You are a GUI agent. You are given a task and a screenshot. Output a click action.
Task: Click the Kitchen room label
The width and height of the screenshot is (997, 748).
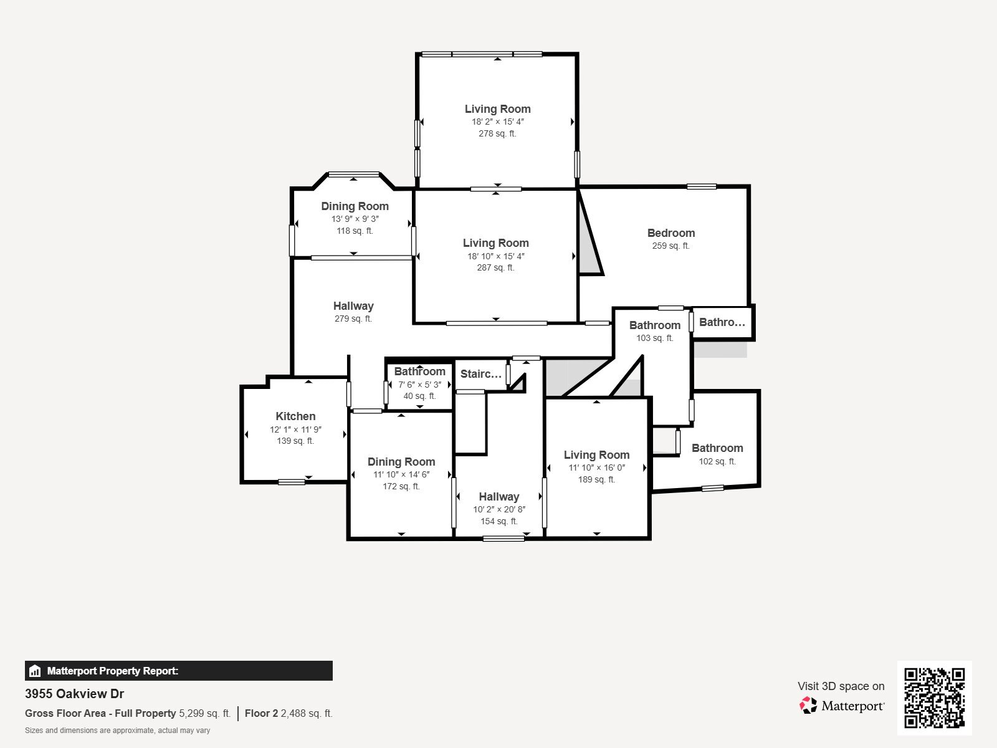click(x=295, y=416)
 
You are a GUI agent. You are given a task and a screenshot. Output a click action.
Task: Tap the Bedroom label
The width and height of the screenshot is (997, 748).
click(x=670, y=233)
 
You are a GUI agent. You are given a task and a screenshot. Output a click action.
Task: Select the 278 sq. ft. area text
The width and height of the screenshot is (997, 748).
click(x=497, y=133)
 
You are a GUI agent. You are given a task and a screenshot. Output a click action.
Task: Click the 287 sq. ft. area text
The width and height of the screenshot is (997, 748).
click(x=495, y=268)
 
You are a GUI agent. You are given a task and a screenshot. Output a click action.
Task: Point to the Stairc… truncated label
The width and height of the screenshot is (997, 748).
click(x=480, y=374)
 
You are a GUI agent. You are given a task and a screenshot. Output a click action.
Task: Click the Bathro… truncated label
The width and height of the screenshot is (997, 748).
click(x=722, y=322)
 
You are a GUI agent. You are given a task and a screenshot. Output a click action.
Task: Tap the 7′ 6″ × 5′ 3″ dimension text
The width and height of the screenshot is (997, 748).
click(x=419, y=385)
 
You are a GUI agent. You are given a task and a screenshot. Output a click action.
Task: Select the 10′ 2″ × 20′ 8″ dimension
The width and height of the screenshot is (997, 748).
click(x=499, y=509)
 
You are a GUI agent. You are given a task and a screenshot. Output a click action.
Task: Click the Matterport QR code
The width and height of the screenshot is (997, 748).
click(x=934, y=698)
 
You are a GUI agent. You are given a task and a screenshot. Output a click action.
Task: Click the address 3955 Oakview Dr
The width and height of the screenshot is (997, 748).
click(x=74, y=694)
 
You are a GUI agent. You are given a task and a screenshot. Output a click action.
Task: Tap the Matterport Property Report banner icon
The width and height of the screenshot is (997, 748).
click(x=35, y=671)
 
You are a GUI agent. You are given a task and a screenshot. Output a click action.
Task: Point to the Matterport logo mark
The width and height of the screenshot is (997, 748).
click(x=808, y=706)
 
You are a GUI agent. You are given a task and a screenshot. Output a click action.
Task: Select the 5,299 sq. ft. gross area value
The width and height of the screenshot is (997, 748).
click(x=204, y=714)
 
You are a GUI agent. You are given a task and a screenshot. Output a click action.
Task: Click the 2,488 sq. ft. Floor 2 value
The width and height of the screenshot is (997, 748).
click(x=307, y=714)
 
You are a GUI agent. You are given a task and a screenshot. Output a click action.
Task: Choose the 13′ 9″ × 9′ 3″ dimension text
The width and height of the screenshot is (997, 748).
click(x=355, y=219)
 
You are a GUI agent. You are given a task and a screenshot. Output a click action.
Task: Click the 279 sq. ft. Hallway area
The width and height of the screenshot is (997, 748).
click(x=353, y=319)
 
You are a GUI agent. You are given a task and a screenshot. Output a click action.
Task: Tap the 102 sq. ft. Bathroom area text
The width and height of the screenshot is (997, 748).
click(x=717, y=462)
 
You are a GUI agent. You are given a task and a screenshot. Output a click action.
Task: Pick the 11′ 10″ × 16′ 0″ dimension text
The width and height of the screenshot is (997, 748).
click(x=596, y=468)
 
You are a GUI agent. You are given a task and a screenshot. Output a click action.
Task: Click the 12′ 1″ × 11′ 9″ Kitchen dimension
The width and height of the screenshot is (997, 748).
click(x=295, y=429)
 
